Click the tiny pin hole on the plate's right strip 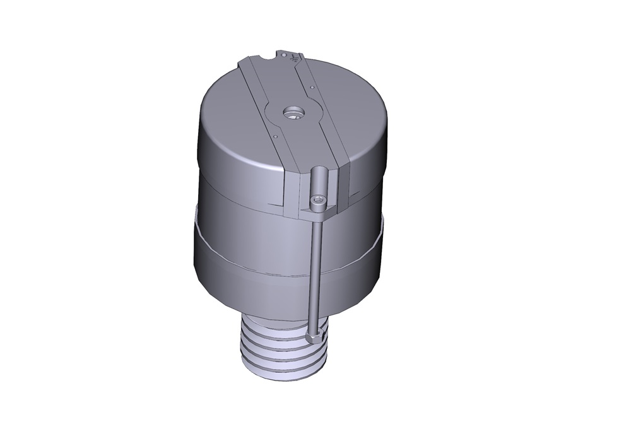311,88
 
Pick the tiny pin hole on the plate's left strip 276,134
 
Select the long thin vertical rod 315,271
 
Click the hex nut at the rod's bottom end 315,334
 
